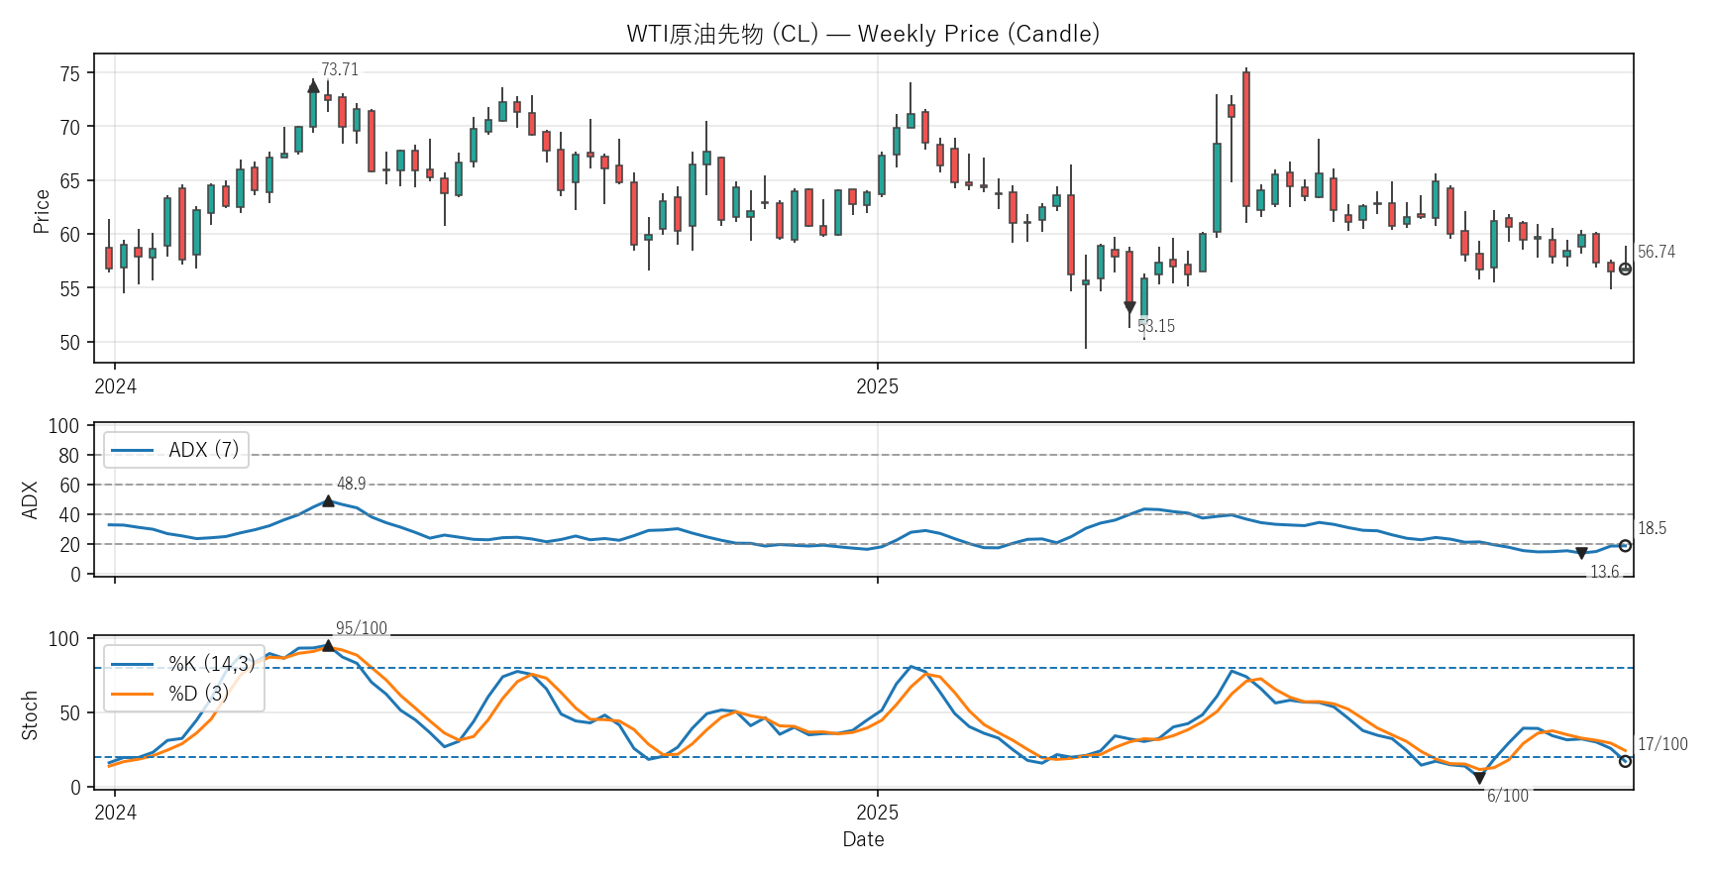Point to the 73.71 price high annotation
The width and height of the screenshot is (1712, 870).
(x=340, y=70)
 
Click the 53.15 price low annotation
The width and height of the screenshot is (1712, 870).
(x=1156, y=326)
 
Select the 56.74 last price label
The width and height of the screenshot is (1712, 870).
(x=1656, y=253)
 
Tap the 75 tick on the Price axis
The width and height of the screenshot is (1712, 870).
(x=70, y=73)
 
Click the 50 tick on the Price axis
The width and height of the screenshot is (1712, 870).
(x=70, y=343)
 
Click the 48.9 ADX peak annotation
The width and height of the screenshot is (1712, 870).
(x=351, y=485)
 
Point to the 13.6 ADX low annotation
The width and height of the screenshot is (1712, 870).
(x=1604, y=572)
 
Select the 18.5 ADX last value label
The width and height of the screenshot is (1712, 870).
(x=1652, y=529)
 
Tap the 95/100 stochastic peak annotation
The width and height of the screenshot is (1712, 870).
(x=361, y=629)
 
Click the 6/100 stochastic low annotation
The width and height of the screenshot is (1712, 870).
(x=1507, y=796)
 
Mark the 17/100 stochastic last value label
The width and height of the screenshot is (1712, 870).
(x=1661, y=744)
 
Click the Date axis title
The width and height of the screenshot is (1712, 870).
(x=863, y=839)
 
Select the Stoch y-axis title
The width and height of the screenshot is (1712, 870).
(x=30, y=714)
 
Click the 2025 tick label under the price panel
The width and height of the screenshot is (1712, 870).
(x=877, y=387)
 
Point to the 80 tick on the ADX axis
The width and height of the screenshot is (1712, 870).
(x=68, y=456)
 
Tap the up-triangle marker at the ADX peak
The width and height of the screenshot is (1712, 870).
(x=328, y=501)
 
